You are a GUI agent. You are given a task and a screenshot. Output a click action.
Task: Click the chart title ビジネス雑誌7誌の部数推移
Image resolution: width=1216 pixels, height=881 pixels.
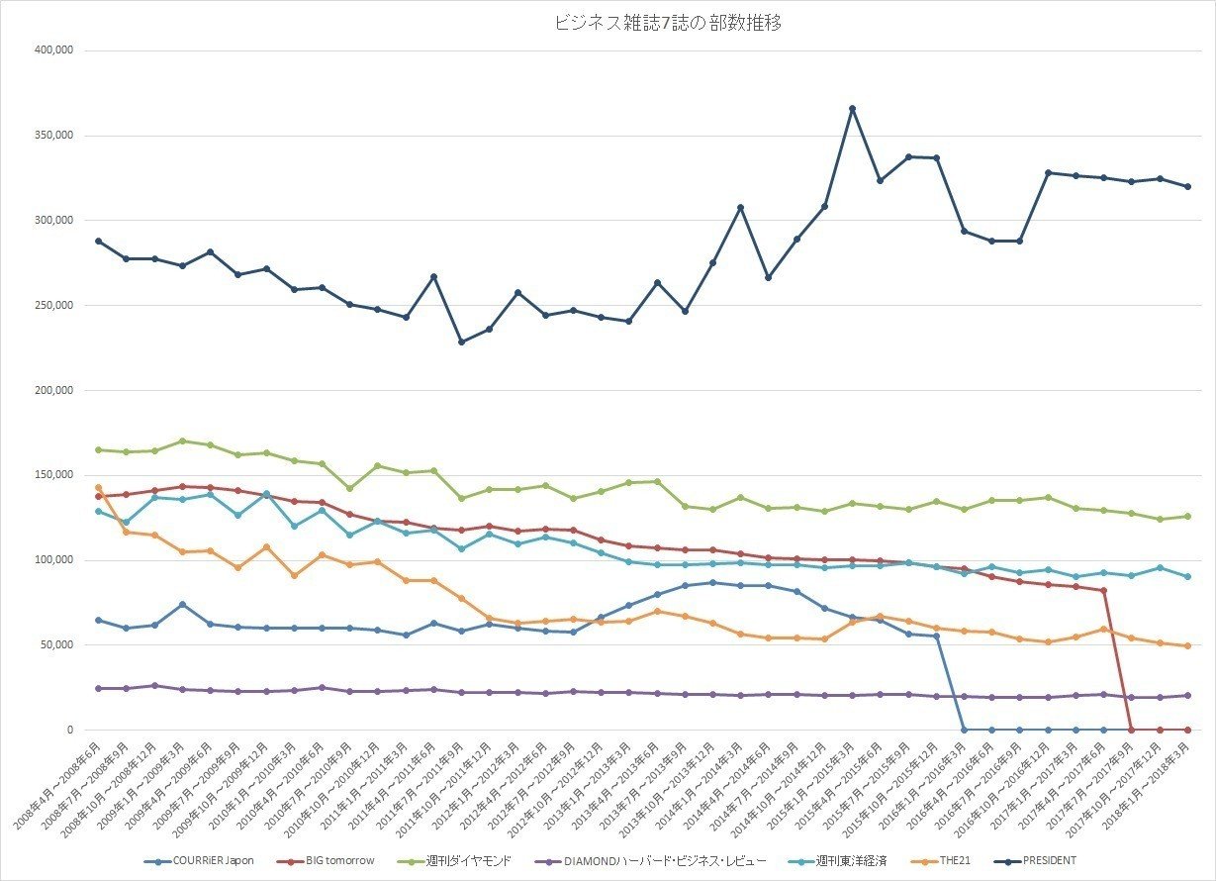tap(669, 24)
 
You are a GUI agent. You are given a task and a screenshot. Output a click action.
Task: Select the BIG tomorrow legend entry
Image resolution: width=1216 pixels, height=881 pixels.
tap(332, 860)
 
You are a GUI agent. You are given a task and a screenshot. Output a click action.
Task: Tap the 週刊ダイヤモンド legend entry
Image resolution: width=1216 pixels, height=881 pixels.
tap(468, 860)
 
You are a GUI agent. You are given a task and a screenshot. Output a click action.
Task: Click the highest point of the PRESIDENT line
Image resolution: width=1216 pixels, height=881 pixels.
tap(851, 108)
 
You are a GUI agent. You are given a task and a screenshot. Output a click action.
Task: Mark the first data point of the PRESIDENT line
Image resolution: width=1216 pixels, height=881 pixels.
tap(98, 241)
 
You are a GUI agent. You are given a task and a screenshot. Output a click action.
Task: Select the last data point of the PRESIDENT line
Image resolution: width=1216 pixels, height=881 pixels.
tap(1187, 186)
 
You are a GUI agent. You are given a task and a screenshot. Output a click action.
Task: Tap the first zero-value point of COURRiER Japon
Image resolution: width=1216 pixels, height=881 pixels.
tap(964, 730)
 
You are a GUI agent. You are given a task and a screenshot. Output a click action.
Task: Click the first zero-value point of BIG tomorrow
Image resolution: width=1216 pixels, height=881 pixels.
tap(1131, 730)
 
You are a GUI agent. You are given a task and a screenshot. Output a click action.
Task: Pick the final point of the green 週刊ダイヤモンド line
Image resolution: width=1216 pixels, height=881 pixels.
tap(1187, 516)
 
